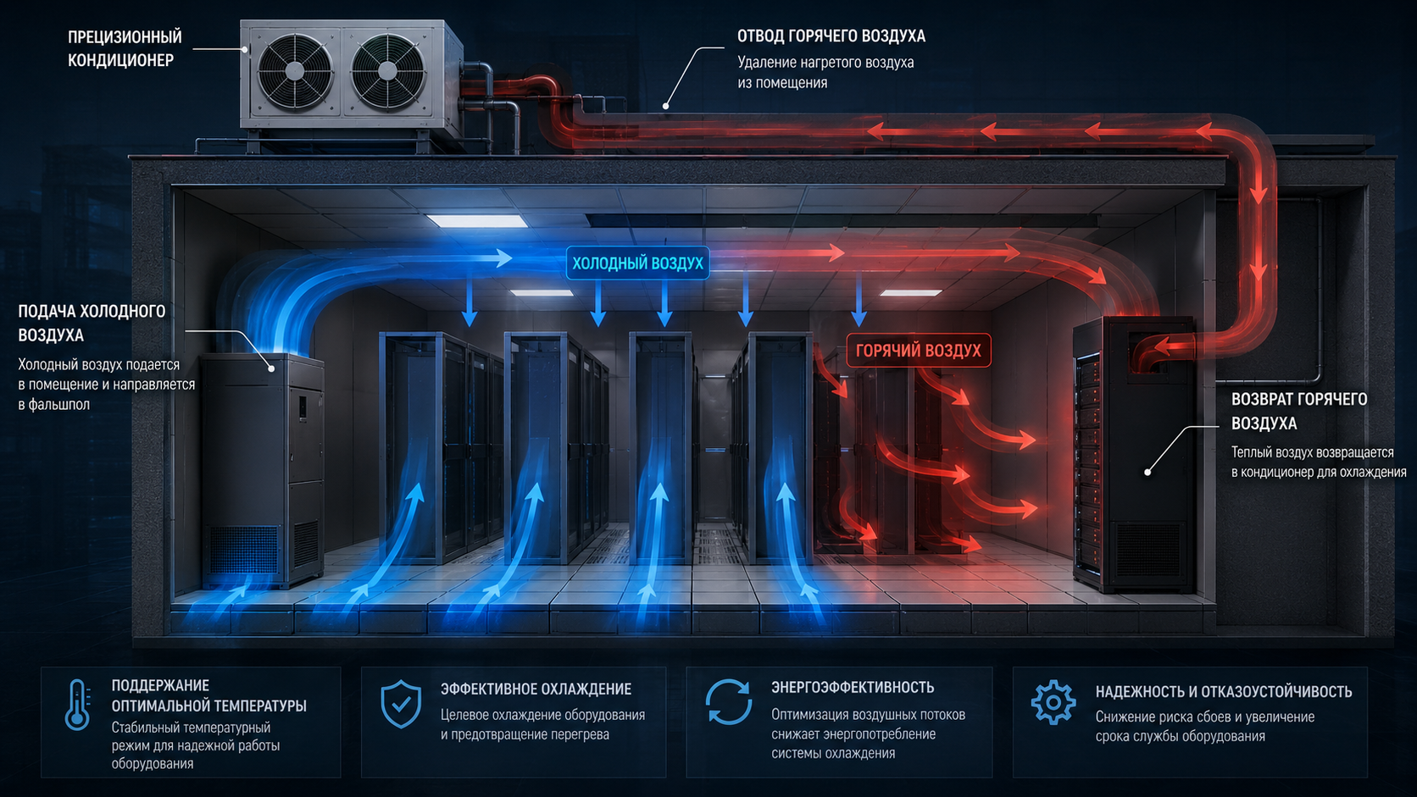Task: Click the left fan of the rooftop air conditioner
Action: click(294, 71)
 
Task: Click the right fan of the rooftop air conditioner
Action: click(387, 71)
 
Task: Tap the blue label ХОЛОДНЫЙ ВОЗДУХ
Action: click(637, 263)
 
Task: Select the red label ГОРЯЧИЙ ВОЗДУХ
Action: click(919, 350)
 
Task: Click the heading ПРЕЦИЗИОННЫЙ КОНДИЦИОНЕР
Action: click(125, 48)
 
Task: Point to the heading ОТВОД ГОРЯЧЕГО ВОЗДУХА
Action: click(831, 36)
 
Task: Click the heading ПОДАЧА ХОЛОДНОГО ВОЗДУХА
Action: click(92, 323)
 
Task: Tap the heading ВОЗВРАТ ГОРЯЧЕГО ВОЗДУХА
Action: click(1298, 411)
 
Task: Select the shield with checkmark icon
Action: click(401, 704)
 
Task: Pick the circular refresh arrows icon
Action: click(729, 701)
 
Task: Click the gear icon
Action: click(1053, 701)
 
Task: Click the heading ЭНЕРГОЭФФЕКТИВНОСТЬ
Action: click(853, 687)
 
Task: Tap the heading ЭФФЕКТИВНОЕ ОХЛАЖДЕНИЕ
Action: click(536, 689)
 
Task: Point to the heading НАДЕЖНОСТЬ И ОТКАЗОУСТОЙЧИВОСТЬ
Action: click(1224, 691)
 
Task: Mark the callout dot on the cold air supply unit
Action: click(271, 368)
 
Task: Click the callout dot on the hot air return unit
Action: click(1147, 472)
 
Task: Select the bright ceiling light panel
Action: click(476, 220)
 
